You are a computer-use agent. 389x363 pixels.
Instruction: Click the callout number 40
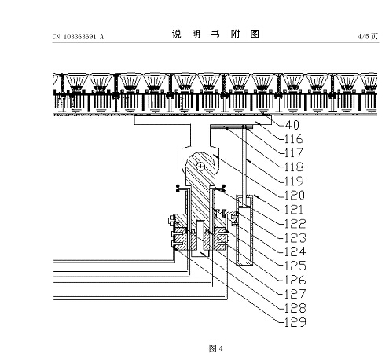click(x=292, y=125)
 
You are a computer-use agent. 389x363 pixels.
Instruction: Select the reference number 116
click(x=294, y=139)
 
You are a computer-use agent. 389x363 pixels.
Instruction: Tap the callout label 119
click(x=294, y=181)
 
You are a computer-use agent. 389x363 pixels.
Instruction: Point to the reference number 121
click(x=294, y=210)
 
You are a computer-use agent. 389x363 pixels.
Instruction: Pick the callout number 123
click(x=295, y=238)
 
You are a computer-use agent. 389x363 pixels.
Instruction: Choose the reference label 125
click(x=295, y=266)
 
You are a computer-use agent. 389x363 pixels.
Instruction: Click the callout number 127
click(x=295, y=294)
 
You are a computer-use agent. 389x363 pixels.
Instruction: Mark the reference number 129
click(x=295, y=322)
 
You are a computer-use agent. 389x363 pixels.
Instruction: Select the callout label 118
click(x=294, y=167)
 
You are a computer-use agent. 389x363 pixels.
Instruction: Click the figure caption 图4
click(x=215, y=349)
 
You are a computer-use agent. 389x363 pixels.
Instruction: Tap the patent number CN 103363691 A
click(x=78, y=37)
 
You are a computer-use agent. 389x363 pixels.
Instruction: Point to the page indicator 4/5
click(x=364, y=36)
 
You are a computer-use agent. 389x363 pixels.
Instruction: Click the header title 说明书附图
click(x=215, y=34)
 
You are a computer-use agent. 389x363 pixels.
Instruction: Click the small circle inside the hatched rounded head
click(x=200, y=167)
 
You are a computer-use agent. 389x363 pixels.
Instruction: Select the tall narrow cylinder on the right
click(x=244, y=230)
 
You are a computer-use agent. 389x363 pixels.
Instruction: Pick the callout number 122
click(x=295, y=224)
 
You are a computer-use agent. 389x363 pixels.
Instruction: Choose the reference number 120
click(x=295, y=196)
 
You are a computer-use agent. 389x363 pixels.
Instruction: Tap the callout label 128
click(x=295, y=308)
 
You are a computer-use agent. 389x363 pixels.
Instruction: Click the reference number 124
click(x=295, y=251)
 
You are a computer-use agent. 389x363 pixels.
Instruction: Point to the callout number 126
click(x=295, y=280)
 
